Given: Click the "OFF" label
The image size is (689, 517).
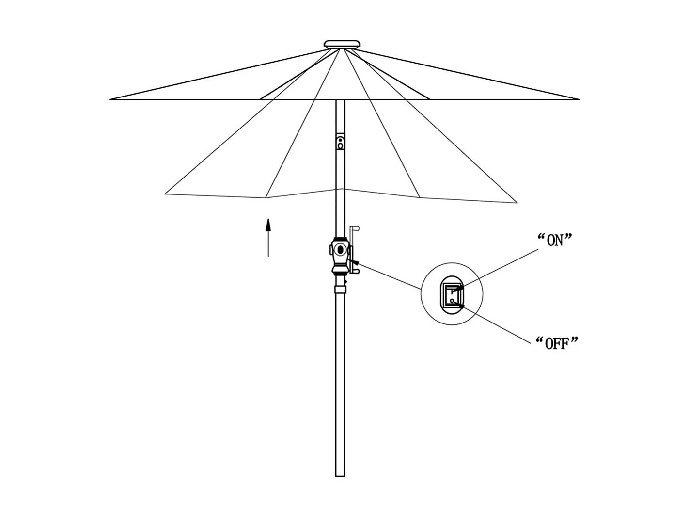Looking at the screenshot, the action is (x=557, y=343).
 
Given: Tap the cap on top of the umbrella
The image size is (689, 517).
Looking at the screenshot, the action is (x=343, y=45).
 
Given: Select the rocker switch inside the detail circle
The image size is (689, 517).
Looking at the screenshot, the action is (x=452, y=295).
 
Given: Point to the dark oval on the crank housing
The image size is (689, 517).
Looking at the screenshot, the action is (x=341, y=250).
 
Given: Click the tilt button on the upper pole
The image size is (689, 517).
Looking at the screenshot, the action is (x=340, y=143).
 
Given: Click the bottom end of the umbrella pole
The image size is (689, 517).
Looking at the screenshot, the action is (x=340, y=474).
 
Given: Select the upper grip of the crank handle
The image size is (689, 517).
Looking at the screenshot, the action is (x=356, y=227).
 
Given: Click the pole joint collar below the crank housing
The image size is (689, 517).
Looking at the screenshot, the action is (x=341, y=290).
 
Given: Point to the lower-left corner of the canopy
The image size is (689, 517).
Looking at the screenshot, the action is (x=166, y=194).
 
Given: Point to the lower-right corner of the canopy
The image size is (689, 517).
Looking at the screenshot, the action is (x=517, y=202).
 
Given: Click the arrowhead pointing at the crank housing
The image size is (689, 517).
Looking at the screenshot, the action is (x=354, y=263).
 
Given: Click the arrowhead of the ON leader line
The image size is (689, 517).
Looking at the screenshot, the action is (x=458, y=289).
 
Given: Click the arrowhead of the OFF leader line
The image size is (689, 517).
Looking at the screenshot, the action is (x=461, y=306).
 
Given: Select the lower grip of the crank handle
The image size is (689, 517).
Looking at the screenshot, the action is (x=357, y=275).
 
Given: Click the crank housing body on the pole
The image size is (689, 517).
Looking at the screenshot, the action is (x=340, y=255).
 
